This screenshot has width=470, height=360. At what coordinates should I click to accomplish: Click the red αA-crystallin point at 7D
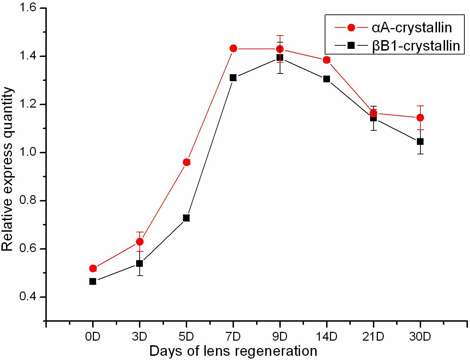pyautogui.click(x=233, y=49)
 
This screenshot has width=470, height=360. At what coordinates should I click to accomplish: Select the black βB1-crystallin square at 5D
pyautogui.click(x=186, y=218)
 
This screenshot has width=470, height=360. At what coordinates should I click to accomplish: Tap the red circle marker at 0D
pyautogui.click(x=93, y=269)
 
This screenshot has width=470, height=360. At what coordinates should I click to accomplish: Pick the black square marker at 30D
pyautogui.click(x=420, y=142)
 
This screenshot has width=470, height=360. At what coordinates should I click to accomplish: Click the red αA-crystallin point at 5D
pyautogui.click(x=186, y=162)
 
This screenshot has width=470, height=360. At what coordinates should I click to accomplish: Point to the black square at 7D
pyautogui.click(x=233, y=78)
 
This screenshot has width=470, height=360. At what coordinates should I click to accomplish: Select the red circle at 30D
pyautogui.click(x=420, y=117)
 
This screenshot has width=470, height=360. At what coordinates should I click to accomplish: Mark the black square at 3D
pyautogui.click(x=140, y=263)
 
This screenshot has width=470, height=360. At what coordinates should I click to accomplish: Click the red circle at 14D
pyautogui.click(x=326, y=60)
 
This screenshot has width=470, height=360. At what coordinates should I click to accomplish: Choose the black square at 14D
pyautogui.click(x=326, y=79)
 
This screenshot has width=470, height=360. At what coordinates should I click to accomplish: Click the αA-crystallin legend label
pyautogui.click(x=412, y=28)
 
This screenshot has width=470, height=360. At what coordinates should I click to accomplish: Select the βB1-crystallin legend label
pyautogui.click(x=416, y=46)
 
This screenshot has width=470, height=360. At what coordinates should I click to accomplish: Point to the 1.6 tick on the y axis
pyautogui.click(x=28, y=8)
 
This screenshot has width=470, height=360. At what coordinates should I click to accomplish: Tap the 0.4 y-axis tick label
pyautogui.click(x=28, y=297)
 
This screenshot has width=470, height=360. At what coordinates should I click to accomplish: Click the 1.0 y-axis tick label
pyautogui.click(x=28, y=153)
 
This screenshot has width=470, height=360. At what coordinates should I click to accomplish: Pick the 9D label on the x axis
pyautogui.click(x=280, y=337)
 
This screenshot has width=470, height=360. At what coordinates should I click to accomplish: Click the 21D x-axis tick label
pyautogui.click(x=373, y=337)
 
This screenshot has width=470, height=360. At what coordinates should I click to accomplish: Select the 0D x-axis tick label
pyautogui.click(x=93, y=337)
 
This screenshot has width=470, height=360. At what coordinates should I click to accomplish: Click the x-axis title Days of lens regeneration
pyautogui.click(x=233, y=351)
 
